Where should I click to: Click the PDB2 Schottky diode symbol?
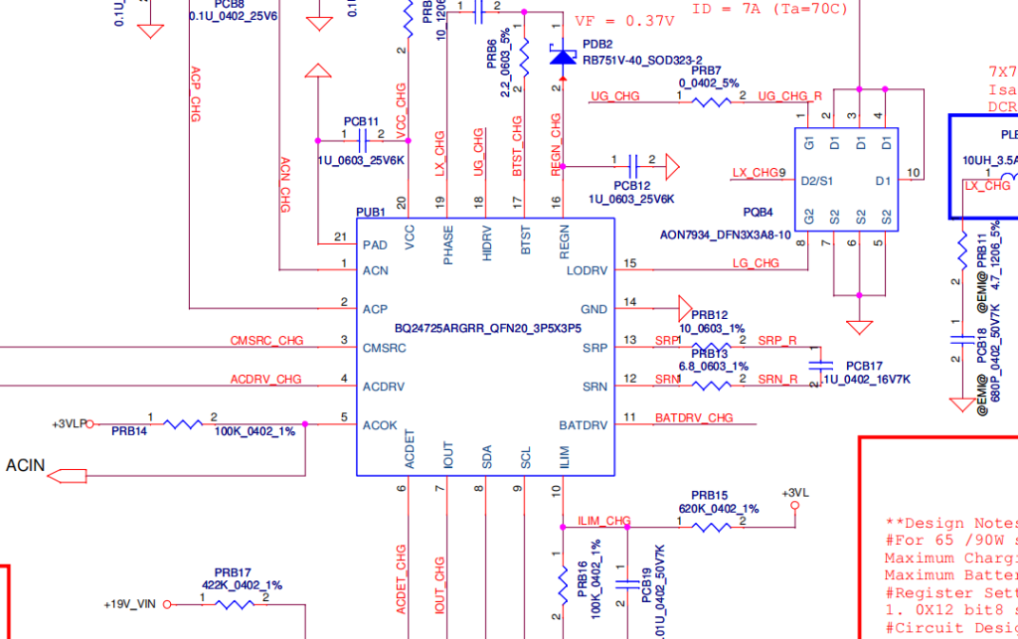564,59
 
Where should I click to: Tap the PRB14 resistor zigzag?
182,424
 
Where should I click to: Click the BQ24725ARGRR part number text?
487,328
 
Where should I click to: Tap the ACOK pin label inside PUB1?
381,425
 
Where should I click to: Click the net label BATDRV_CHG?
694,417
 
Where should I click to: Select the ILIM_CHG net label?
603,520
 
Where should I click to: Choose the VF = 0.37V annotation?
624,20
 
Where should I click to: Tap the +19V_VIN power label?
130,603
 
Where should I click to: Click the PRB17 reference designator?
233,572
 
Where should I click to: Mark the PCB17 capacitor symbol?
819,366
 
